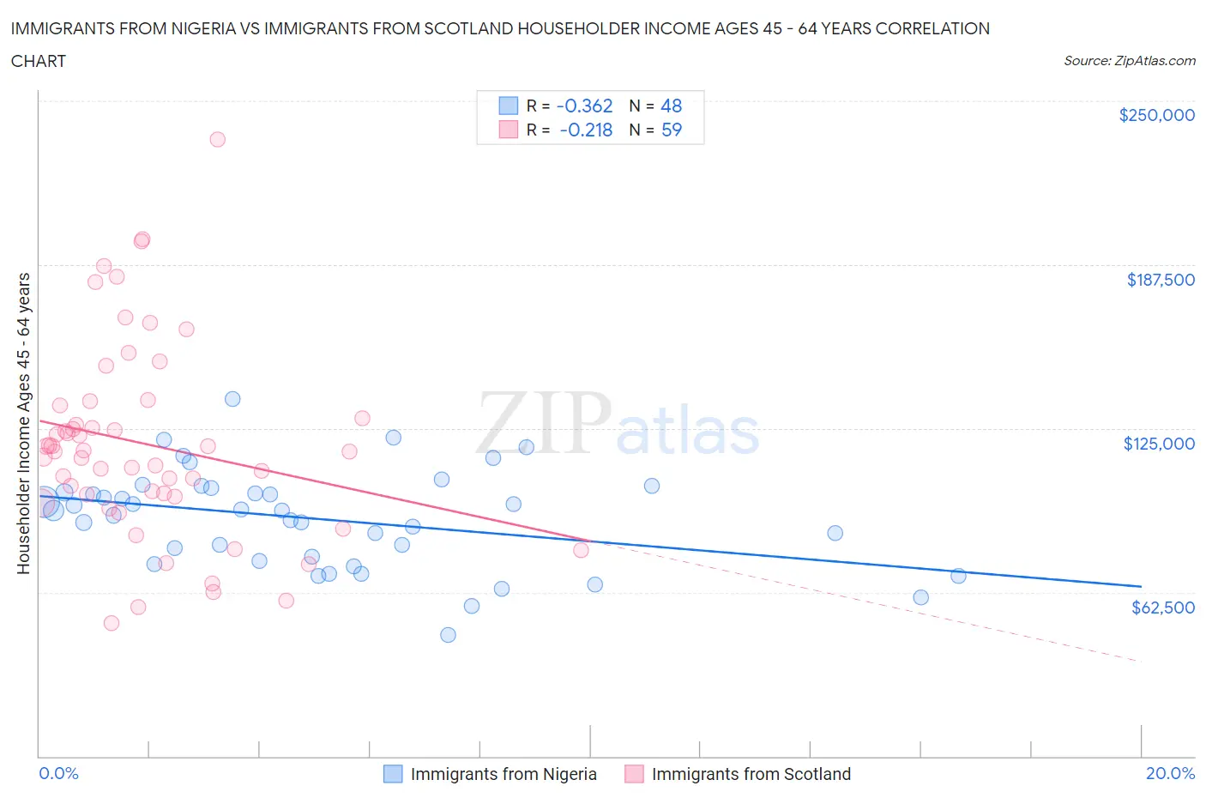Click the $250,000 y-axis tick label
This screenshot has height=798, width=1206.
pyautogui.click(x=1156, y=115)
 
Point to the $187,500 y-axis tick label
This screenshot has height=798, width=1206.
pyautogui.click(x=1160, y=280)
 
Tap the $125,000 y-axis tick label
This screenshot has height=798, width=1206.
pyautogui.click(x=1159, y=444)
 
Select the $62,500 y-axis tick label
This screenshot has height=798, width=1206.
pyautogui.click(x=1162, y=608)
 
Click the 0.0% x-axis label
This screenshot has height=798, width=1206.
pyautogui.click(x=58, y=773)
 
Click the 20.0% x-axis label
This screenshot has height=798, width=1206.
pyautogui.click(x=1170, y=773)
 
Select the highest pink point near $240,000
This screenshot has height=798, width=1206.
pyautogui.click(x=218, y=139)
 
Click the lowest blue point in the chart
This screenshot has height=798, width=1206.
pyautogui.click(x=448, y=635)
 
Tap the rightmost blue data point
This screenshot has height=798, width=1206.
pyautogui.click(x=958, y=576)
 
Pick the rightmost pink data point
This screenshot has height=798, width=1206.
pyautogui.click(x=581, y=550)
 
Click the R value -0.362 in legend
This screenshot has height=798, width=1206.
pyautogui.click(x=584, y=106)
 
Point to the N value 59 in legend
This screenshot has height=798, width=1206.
pyautogui.click(x=671, y=130)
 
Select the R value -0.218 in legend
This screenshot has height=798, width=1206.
pyautogui.click(x=586, y=130)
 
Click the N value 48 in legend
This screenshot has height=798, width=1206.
pyautogui.click(x=671, y=106)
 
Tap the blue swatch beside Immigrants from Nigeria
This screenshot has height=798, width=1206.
pyautogui.click(x=393, y=774)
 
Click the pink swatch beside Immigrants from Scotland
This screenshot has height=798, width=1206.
pyautogui.click(x=634, y=774)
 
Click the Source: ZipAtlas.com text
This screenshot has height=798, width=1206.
pyautogui.click(x=1129, y=61)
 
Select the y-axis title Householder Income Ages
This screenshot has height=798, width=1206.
pyautogui.click(x=23, y=423)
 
